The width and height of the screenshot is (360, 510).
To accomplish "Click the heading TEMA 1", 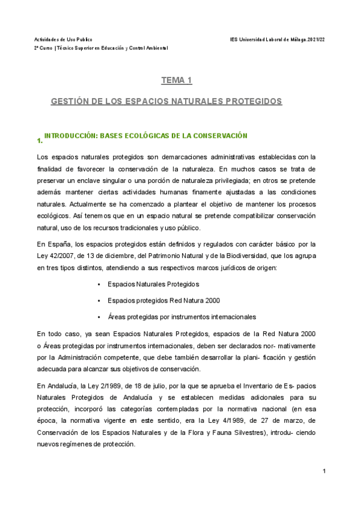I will (176, 79).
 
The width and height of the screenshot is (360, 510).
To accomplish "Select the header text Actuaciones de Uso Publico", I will (63, 38).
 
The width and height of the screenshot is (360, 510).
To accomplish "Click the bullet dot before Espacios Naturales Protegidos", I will (98, 284).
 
